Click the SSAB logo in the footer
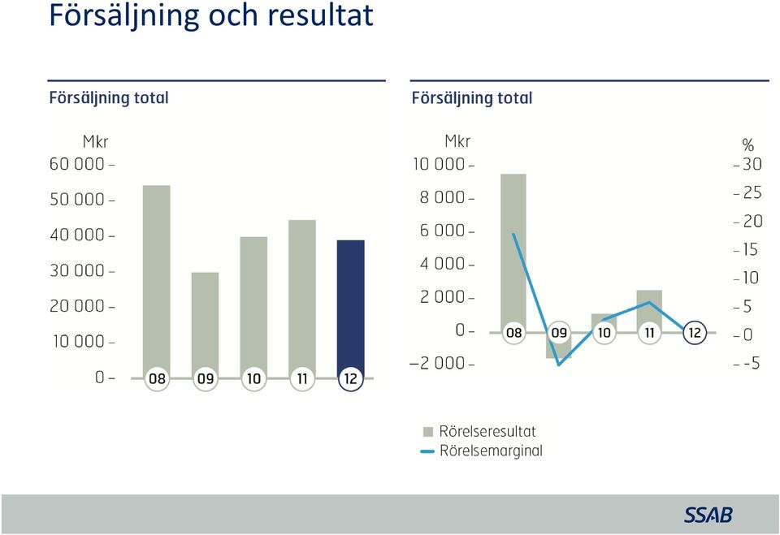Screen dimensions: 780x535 pyautogui.click(x=708, y=515)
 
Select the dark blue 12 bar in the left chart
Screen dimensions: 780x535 pyautogui.click(x=351, y=308)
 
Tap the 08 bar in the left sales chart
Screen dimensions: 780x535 pyautogui.click(x=157, y=281)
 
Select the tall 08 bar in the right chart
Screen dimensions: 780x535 pyautogui.click(x=513, y=252)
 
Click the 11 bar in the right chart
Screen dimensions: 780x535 pyautogui.click(x=649, y=310)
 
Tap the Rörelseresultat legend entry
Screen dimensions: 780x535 pyautogui.click(x=479, y=431)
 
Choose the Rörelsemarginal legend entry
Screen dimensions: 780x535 pyautogui.click(x=482, y=451)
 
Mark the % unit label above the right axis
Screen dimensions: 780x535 pyautogui.click(x=747, y=145)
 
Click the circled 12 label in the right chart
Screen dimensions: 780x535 pyautogui.click(x=695, y=333)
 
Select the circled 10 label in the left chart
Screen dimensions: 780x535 pyautogui.click(x=253, y=379)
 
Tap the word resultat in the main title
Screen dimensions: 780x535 pyautogui.click(x=320, y=15)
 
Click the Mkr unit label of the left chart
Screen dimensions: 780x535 pyautogui.click(x=95, y=142)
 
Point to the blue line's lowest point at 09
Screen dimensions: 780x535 pyautogui.click(x=559, y=365)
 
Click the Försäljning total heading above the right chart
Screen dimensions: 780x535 pyautogui.click(x=471, y=98)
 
